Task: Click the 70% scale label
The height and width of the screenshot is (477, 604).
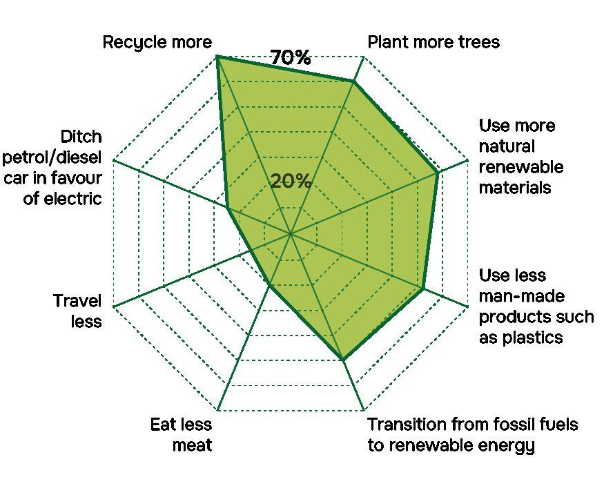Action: [x=291, y=58]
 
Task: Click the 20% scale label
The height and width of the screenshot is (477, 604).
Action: [x=291, y=182]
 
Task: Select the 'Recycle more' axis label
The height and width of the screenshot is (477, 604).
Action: [x=157, y=42]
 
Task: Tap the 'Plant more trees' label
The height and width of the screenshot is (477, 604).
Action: [x=433, y=42]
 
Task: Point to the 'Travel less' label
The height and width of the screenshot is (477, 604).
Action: [x=77, y=311]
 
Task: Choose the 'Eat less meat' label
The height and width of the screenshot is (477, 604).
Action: [x=181, y=434]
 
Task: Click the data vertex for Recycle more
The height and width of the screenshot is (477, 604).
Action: [x=217, y=57]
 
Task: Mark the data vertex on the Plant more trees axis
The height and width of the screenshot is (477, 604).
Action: [x=353, y=82]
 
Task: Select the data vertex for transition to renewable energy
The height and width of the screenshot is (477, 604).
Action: [x=342, y=359]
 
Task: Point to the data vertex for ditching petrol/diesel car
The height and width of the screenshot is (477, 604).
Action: [x=227, y=208]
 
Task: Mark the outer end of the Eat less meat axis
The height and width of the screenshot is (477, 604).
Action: [x=217, y=410]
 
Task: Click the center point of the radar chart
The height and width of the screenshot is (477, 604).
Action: [x=291, y=233]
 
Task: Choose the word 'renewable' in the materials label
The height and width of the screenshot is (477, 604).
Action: [x=521, y=167]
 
